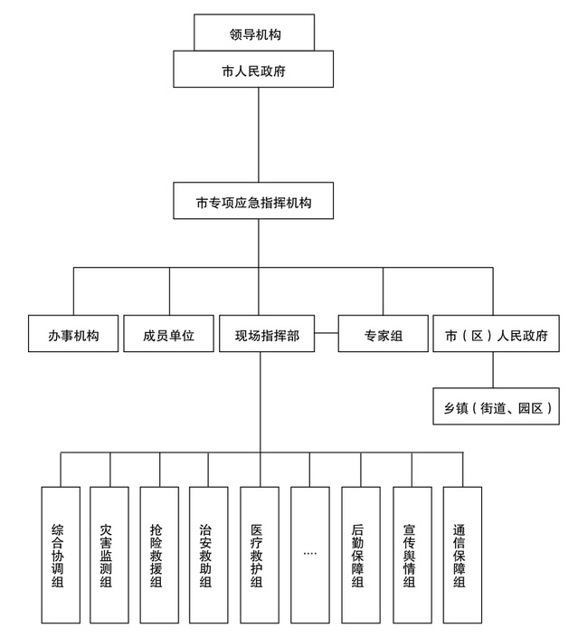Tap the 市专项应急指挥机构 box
(259, 201)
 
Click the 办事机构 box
(72, 334)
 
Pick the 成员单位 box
(168, 334)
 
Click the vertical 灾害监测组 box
(109, 555)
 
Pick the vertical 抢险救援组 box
(159, 555)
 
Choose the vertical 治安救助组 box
(208, 555)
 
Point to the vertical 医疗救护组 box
(259, 555)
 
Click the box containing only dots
(309, 555)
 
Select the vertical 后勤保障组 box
(360, 555)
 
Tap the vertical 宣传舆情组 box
(412, 555)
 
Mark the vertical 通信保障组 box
(461, 555)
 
